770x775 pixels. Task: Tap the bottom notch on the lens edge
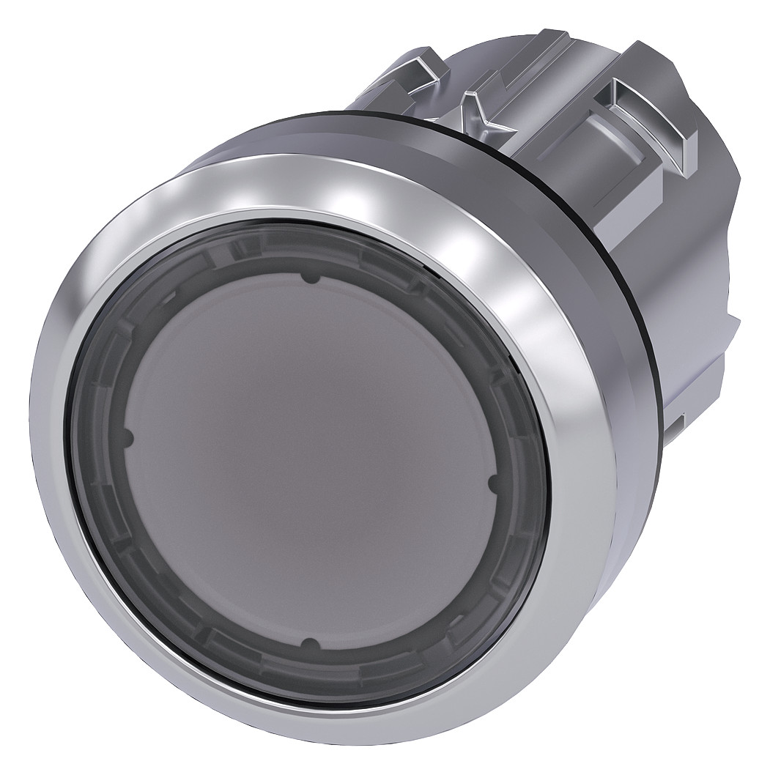(x=311, y=645)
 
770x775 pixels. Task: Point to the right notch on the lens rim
(x=492, y=483)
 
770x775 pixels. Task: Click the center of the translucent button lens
(x=309, y=461)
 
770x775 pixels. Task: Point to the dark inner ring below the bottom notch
(x=311, y=670)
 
